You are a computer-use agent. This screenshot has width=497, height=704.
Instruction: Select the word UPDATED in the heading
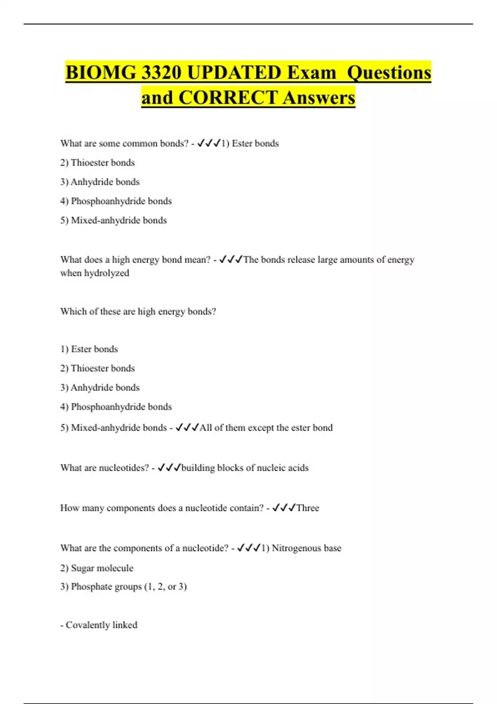234,73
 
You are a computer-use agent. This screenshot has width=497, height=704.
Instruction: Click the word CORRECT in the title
228,98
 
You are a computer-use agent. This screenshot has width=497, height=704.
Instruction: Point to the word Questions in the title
389,73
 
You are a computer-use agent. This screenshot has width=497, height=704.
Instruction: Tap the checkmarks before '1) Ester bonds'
208,143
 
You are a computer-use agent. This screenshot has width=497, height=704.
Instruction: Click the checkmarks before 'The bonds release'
230,260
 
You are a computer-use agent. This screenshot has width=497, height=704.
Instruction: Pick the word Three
308,508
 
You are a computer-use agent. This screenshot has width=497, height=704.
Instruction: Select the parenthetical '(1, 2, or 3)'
166,587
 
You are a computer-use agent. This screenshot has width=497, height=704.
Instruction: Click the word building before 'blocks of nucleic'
198,468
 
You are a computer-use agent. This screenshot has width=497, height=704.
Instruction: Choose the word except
262,428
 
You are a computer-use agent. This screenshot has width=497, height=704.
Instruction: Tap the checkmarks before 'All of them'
187,428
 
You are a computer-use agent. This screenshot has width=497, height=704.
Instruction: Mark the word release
301,260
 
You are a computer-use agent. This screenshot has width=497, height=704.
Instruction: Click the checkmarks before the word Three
284,508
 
